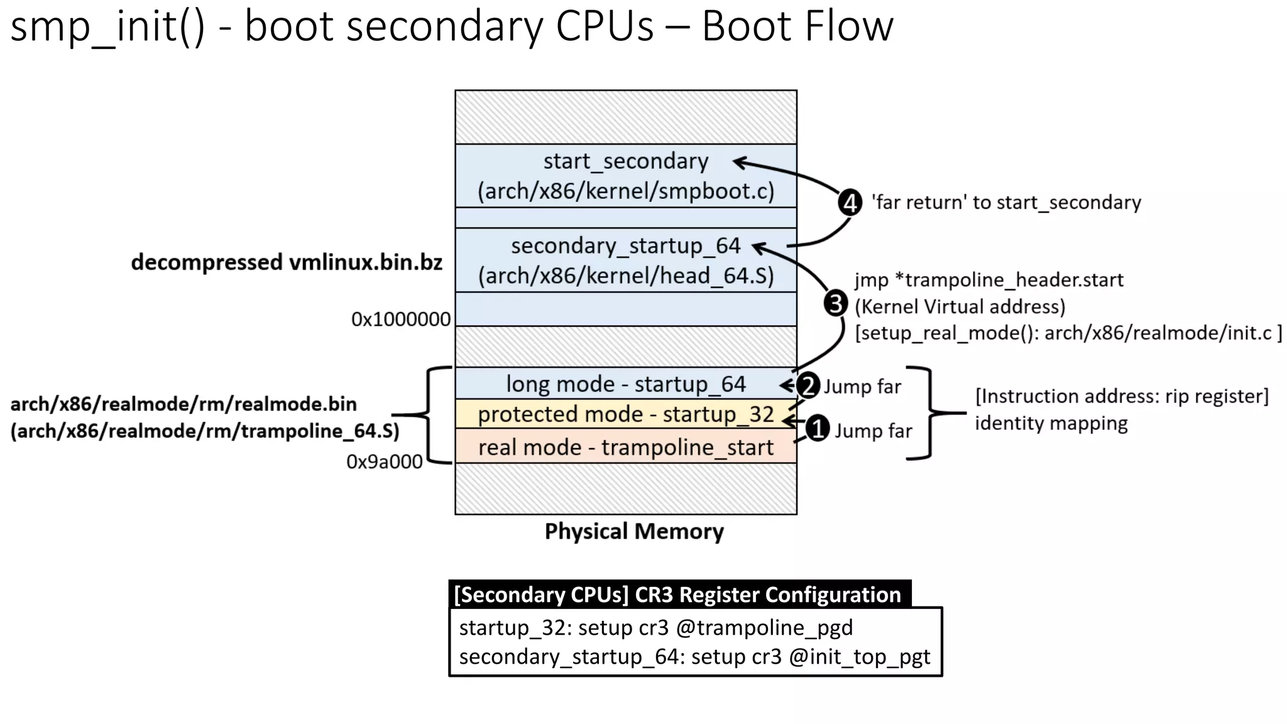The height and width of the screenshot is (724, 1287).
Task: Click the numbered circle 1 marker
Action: click(817, 429)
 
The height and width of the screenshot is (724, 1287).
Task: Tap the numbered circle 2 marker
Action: click(808, 385)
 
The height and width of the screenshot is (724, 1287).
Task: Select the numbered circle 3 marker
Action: click(835, 304)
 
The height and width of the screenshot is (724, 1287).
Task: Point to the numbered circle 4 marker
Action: click(850, 203)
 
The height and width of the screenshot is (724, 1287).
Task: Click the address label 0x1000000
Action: click(400, 319)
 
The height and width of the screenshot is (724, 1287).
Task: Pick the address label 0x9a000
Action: click(384, 462)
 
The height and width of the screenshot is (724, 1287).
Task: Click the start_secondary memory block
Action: click(626, 176)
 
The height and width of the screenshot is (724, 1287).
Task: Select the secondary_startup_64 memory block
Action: click(626, 260)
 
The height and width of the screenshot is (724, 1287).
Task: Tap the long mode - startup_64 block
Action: click(626, 384)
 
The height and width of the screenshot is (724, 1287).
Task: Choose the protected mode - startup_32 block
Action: click(626, 414)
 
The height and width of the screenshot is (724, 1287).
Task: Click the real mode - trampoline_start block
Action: click(626, 447)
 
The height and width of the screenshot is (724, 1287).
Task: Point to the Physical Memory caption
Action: click(633, 532)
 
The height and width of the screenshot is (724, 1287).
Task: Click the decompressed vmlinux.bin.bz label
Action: click(287, 262)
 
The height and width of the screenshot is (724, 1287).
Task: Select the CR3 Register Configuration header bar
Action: click(679, 595)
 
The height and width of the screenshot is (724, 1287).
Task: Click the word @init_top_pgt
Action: click(859, 657)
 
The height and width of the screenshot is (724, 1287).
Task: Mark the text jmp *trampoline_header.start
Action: click(989, 280)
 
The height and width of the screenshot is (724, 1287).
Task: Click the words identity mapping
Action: click(1051, 423)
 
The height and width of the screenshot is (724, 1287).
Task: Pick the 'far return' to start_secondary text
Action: click(1005, 202)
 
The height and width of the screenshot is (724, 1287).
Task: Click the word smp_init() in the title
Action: click(107, 26)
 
